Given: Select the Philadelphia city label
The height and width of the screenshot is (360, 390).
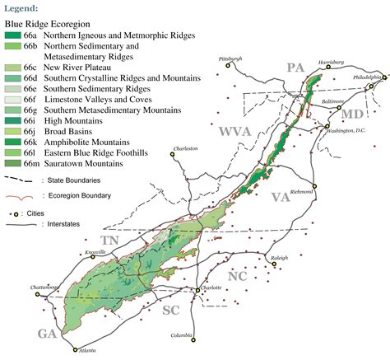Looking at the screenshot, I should pos(368,77).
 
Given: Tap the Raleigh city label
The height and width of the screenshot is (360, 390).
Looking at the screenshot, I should pos(279,257).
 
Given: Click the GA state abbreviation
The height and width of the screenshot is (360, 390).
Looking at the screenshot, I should pos(46,333).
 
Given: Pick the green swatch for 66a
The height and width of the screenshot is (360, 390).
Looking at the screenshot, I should pos(13,36).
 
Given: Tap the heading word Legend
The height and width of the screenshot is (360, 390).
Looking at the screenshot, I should pos(21,7).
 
